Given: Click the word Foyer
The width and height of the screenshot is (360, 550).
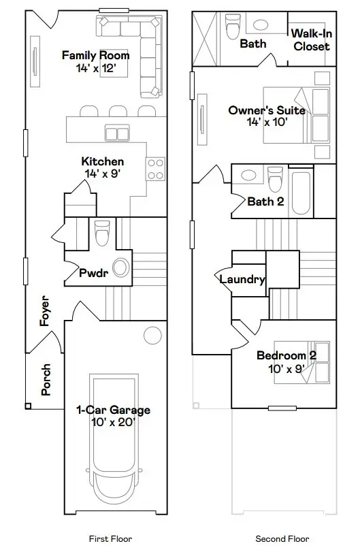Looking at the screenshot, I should [x=46, y=310].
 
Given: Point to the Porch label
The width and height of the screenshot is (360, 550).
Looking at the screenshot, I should [x=46, y=380].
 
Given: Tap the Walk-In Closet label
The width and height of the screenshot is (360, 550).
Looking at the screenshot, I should [x=311, y=40].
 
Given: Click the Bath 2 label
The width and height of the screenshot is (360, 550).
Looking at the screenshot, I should [x=265, y=201].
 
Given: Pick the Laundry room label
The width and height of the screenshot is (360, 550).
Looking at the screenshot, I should [x=242, y=279].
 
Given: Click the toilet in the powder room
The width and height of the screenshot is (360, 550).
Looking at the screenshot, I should [x=102, y=233].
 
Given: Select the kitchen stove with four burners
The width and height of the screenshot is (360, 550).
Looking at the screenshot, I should [x=156, y=169].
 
